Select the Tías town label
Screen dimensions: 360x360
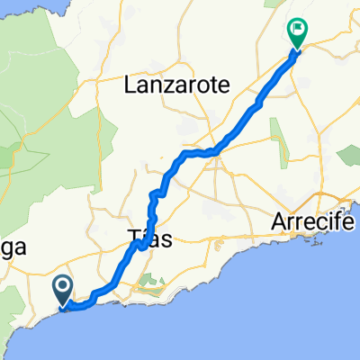pos(145,238)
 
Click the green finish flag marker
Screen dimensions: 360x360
pos(297,33)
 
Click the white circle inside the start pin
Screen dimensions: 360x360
pos(64,287)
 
